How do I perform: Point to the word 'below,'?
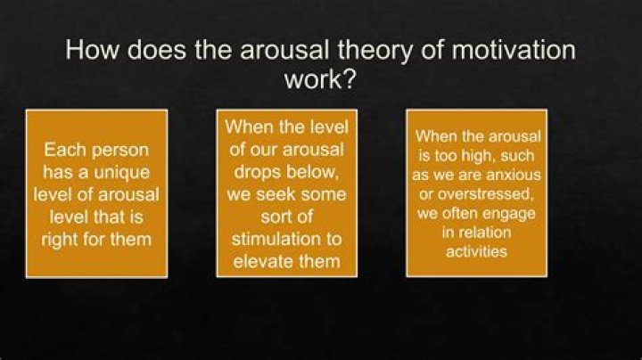pos(315,171)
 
